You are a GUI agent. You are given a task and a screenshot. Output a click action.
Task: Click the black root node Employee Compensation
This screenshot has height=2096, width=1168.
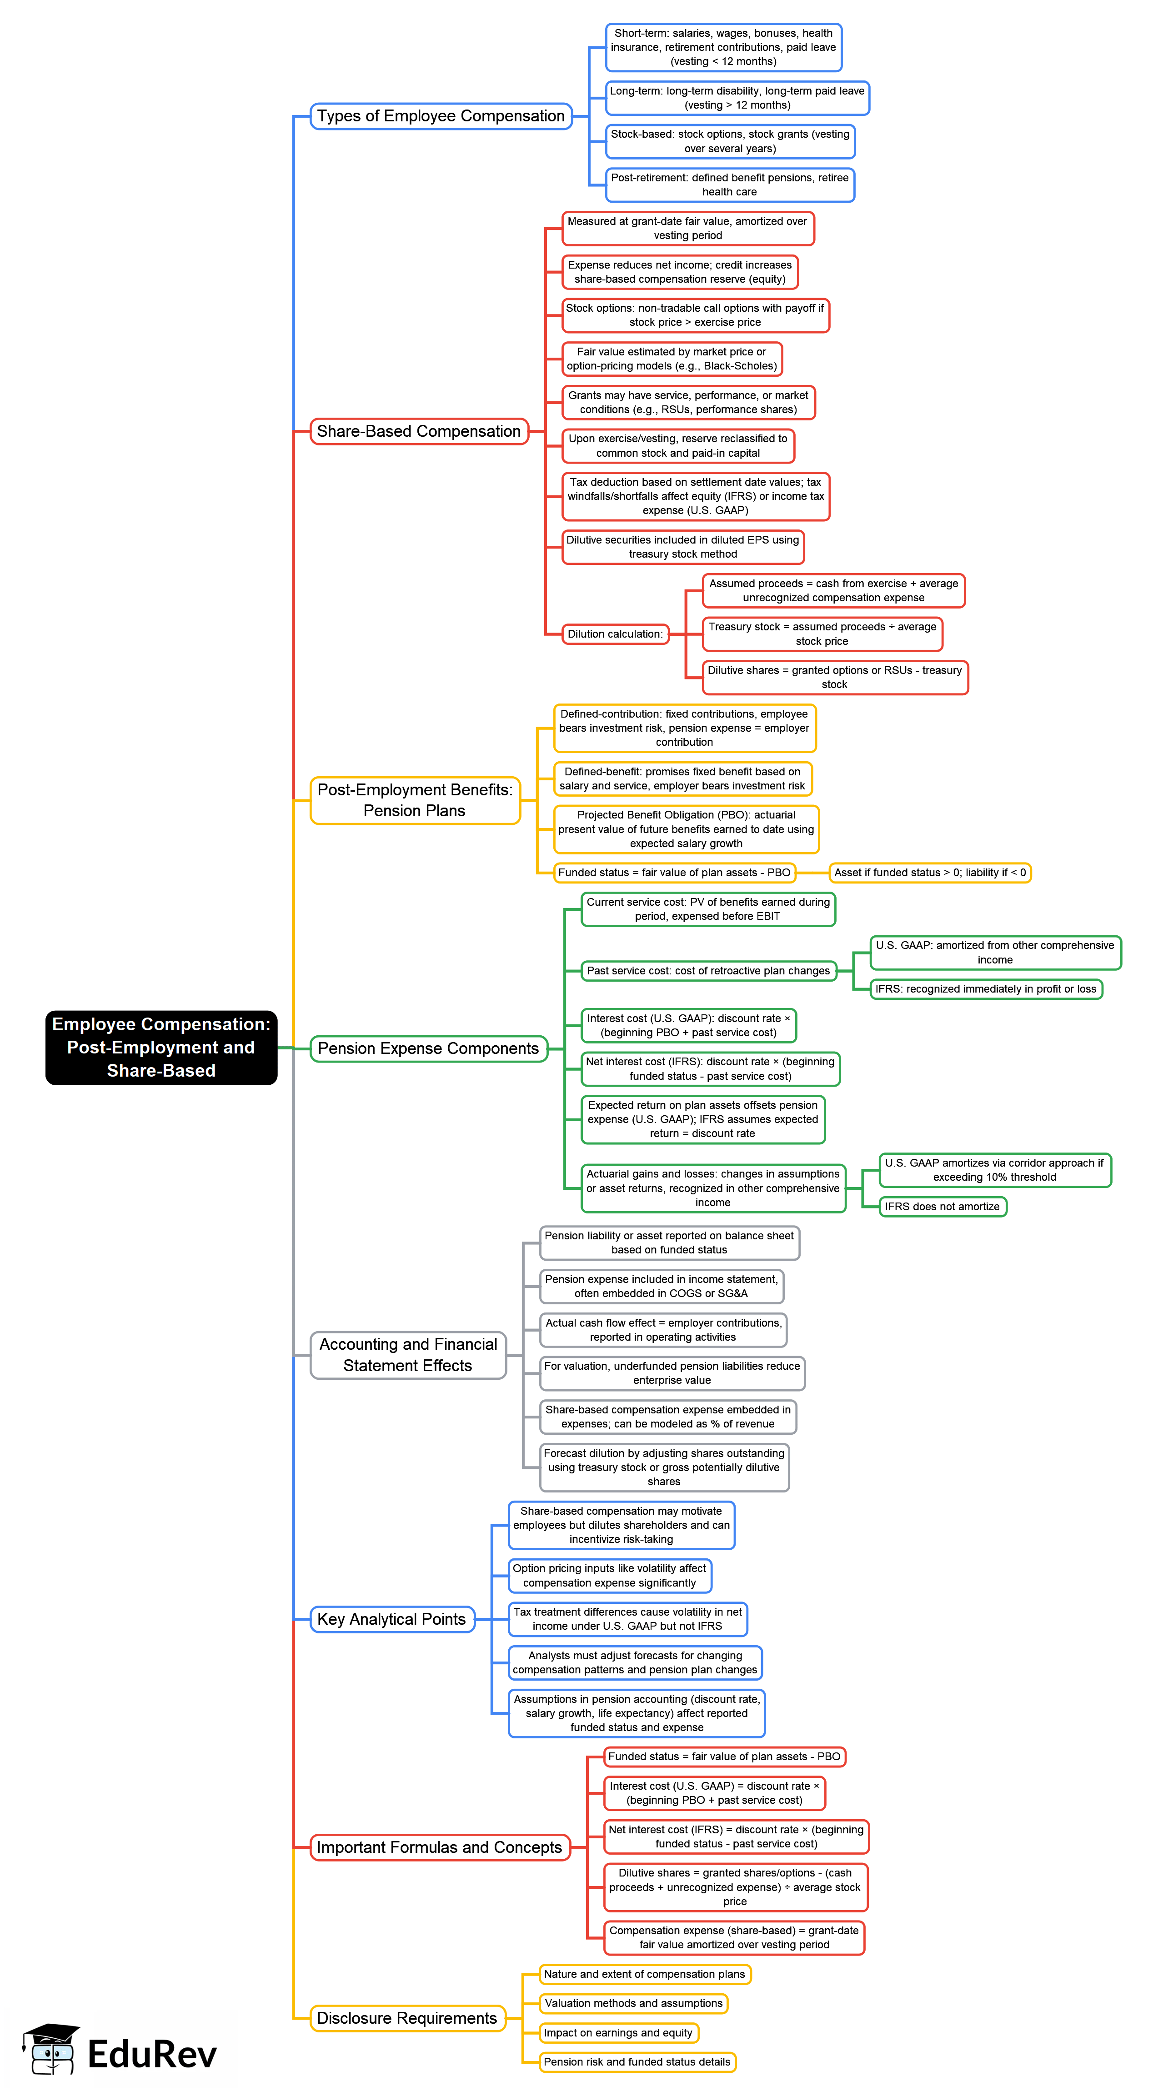(161, 1047)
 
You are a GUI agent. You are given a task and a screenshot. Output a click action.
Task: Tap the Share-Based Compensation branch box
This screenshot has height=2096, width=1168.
(418, 431)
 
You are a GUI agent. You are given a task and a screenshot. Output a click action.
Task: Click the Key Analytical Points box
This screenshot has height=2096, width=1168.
(391, 1619)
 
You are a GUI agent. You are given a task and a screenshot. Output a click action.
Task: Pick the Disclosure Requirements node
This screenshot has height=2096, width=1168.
(407, 2018)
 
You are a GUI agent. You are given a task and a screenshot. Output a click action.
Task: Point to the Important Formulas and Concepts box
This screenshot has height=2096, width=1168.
(440, 1847)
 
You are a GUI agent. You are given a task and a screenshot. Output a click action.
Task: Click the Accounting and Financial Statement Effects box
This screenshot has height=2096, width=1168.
(408, 1355)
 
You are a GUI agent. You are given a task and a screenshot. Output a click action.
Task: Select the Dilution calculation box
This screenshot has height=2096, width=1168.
(615, 634)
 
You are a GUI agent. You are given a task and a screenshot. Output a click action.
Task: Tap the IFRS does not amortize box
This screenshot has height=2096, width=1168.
(942, 1207)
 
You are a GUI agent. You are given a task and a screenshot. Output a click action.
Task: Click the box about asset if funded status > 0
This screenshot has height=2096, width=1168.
(929, 872)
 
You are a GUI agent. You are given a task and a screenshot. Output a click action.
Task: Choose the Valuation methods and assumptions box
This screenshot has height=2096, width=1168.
(633, 2003)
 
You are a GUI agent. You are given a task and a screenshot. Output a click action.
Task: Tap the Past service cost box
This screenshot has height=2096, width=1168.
(708, 971)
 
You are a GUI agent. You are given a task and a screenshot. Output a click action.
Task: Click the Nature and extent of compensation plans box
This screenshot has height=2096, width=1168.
(645, 1974)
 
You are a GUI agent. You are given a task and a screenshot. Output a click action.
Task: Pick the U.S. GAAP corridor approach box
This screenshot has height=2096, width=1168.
(995, 1170)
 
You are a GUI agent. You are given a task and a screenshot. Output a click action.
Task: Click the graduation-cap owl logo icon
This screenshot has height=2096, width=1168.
(50, 2050)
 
